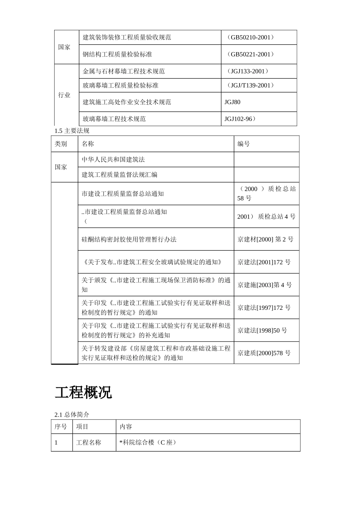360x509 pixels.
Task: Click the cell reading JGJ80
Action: click(232, 102)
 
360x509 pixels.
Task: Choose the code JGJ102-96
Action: click(240, 119)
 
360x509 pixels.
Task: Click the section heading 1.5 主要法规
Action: click(72, 131)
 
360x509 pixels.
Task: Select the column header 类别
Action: click(61, 144)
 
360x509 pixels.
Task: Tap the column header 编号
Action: click(244, 144)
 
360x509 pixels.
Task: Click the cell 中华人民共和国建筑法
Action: click(113, 159)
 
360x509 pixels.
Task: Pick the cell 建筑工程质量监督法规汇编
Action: click(119, 175)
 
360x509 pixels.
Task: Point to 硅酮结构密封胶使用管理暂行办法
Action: click(129, 239)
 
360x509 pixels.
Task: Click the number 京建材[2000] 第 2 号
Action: click(265, 239)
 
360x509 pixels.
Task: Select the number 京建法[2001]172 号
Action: click(264, 262)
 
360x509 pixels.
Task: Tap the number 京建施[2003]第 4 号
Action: click(265, 285)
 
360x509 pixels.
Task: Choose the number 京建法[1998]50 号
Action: click(262, 330)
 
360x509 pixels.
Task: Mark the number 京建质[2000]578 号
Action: click(264, 353)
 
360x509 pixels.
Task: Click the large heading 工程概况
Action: click(83, 393)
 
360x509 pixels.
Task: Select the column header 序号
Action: click(61, 426)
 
